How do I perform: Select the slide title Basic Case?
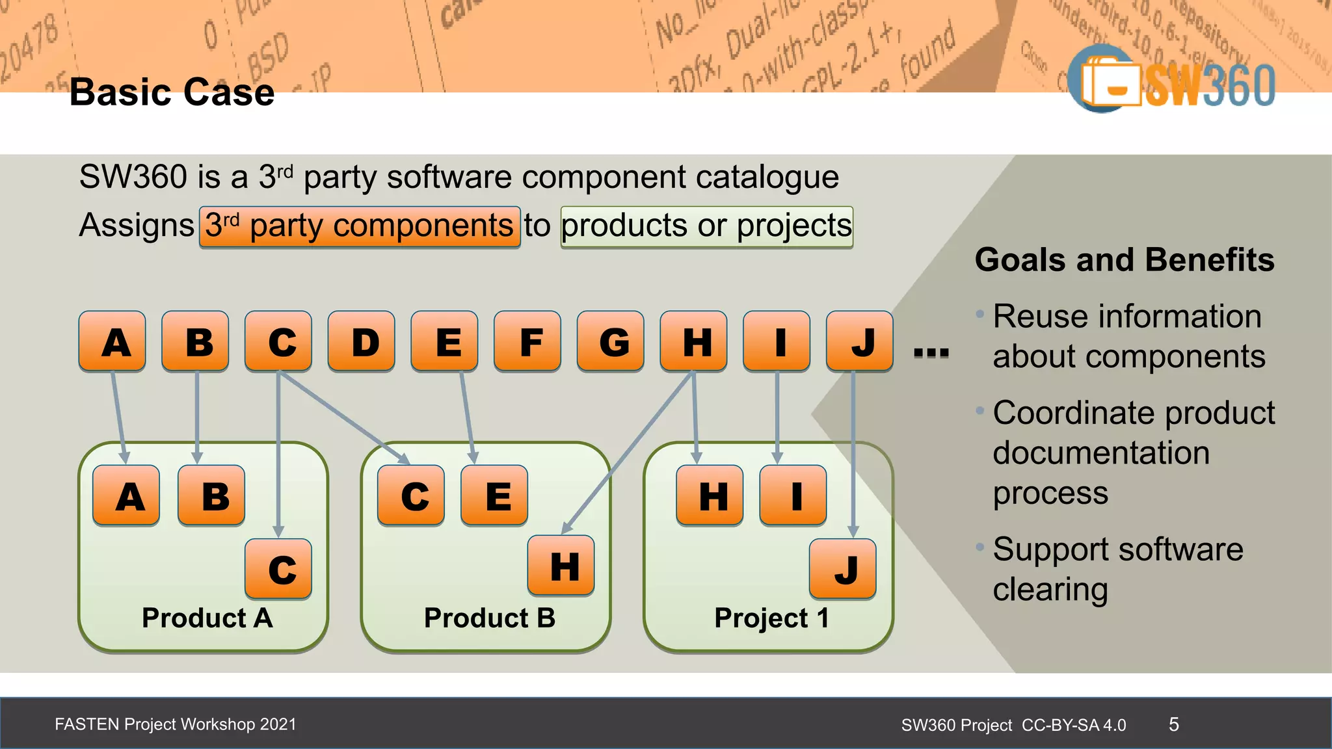[172, 92]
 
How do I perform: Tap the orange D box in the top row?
[362, 341]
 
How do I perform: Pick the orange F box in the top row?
[527, 341]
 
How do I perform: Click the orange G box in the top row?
[611, 341]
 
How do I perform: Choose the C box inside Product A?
[278, 569]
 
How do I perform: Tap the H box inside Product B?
[561, 566]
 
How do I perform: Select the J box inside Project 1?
[843, 569]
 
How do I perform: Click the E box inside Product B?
[494, 495]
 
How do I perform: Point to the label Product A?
[207, 618]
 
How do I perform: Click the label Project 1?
[771, 618]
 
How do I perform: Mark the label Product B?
[489, 618]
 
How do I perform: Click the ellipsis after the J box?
[931, 353]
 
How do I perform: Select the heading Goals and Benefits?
[1124, 260]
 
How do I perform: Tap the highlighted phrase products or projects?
[706, 227]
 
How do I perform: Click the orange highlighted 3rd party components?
[360, 227]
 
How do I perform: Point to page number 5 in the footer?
[1173, 724]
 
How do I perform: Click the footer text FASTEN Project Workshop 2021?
[176, 724]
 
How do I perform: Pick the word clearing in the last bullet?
[1050, 590]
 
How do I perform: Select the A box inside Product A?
[126, 495]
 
